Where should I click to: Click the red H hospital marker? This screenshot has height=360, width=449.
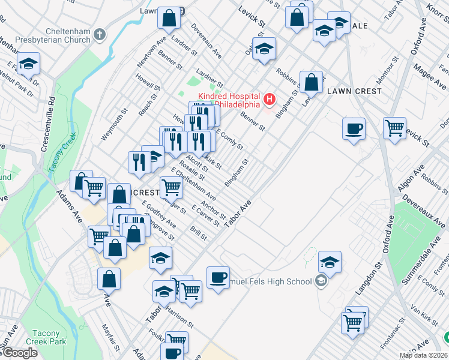[x=270, y=98]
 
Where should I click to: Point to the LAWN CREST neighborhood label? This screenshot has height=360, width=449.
[x=354, y=91]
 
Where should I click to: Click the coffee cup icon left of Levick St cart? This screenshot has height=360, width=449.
[x=354, y=128]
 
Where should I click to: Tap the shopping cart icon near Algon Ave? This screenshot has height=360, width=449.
[x=394, y=127]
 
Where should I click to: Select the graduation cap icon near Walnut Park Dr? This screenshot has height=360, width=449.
[x=28, y=64]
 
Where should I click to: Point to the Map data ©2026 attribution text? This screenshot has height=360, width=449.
[x=424, y=355]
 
